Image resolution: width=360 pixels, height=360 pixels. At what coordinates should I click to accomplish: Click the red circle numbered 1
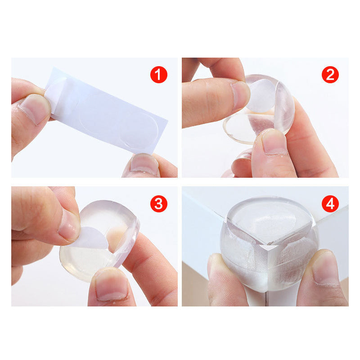pos(159,75)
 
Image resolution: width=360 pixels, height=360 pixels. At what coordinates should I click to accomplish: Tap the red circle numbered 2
pos(330,75)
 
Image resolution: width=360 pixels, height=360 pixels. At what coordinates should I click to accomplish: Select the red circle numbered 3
pos(159,204)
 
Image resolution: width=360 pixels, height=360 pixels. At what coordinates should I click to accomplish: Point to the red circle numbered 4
pos(330,204)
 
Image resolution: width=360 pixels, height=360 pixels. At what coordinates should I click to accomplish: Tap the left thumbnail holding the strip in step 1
pos(35,108)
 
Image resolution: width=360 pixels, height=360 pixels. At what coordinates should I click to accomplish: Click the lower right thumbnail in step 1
pos(144,163)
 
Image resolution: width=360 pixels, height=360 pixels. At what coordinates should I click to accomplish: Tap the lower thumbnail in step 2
pos(274,141)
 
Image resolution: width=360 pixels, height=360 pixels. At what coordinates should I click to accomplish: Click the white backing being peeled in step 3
pos(91,238)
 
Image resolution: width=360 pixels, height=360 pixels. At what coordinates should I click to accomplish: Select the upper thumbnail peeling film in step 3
pos(68,225)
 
